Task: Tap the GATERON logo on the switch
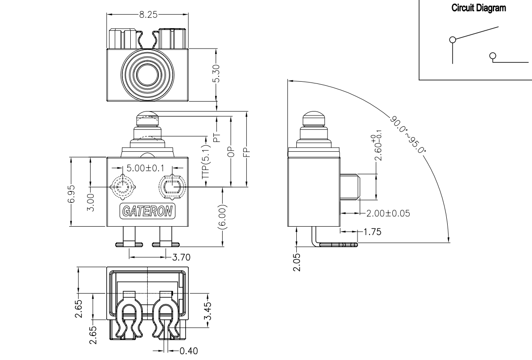[x=148, y=211]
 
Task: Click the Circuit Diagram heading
[x=479, y=8]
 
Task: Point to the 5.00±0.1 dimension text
[x=145, y=168]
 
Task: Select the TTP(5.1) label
[x=206, y=161]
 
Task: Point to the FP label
[x=247, y=153]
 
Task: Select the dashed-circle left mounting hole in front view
[x=122, y=186]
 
